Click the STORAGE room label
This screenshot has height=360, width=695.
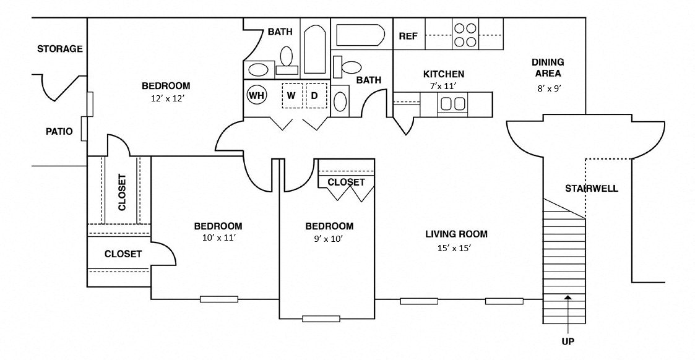pyautogui.click(x=59, y=49)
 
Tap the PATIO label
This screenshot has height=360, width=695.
pyautogui.click(x=59, y=132)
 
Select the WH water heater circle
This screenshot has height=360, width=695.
pyautogui.click(x=256, y=96)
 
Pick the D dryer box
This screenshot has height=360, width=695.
pyautogui.click(x=314, y=96)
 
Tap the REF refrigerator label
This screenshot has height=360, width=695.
pyautogui.click(x=408, y=36)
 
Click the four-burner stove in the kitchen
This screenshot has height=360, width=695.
pyautogui.click(x=465, y=35)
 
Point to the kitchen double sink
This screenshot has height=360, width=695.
pyautogui.click(x=452, y=103)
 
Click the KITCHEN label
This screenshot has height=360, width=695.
pyautogui.click(x=443, y=74)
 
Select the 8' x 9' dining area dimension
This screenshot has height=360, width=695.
pyautogui.click(x=548, y=88)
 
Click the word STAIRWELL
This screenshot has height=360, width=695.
pyautogui.click(x=592, y=189)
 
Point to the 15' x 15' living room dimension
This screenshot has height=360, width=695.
pyautogui.click(x=456, y=248)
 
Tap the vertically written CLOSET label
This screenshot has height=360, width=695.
pyautogui.click(x=121, y=192)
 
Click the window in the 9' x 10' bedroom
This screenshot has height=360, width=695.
pyautogui.click(x=321, y=319)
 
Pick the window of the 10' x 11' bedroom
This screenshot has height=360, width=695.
pyautogui.click(x=218, y=299)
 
